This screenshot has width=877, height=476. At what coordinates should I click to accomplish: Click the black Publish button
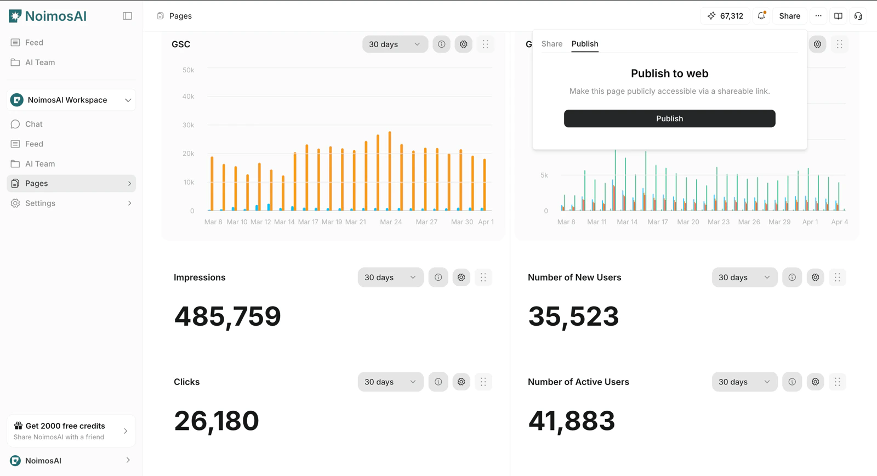point(669,118)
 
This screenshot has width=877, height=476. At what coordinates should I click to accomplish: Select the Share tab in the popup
point(551,44)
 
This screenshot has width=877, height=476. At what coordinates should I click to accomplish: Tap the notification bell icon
point(761,16)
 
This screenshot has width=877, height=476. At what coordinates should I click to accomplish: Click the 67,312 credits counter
point(725,16)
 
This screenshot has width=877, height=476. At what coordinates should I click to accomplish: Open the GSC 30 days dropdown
point(395,44)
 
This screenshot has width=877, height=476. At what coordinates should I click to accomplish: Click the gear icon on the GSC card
point(464,44)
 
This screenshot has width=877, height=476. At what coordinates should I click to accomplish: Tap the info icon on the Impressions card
point(438,277)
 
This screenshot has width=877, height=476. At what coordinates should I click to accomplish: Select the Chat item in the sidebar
point(34,124)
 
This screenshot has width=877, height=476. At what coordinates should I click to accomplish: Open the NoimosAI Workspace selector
point(71,100)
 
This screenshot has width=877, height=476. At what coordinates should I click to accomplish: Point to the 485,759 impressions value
point(227,316)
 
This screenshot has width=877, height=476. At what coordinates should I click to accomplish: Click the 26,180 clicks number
point(217,421)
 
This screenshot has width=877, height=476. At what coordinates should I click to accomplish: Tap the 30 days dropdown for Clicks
point(390,382)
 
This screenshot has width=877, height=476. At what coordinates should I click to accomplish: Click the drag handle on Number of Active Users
point(838,382)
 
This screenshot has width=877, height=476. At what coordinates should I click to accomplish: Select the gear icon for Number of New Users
point(816,277)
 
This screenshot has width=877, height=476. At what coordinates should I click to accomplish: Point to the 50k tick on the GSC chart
point(188,70)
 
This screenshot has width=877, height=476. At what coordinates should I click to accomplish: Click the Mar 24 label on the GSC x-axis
point(391,222)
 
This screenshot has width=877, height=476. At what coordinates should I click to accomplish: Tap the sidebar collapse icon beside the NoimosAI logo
point(127,16)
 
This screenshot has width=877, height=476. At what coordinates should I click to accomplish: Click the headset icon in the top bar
point(858,16)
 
